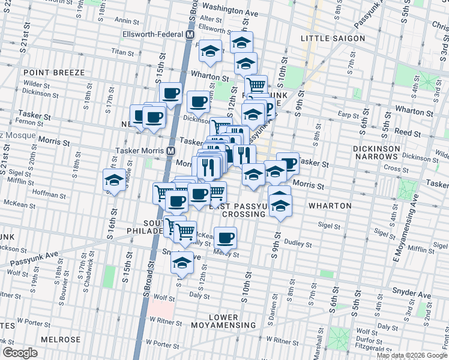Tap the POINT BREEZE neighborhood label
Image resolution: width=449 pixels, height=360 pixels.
(54, 73)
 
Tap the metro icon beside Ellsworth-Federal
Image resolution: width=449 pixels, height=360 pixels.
(190, 34)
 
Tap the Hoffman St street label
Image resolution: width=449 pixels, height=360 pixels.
(50, 195)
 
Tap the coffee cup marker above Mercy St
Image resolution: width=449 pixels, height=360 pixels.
(226, 238)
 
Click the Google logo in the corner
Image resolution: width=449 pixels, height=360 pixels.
(20, 353)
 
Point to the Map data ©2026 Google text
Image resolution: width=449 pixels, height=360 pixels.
(412, 355)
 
